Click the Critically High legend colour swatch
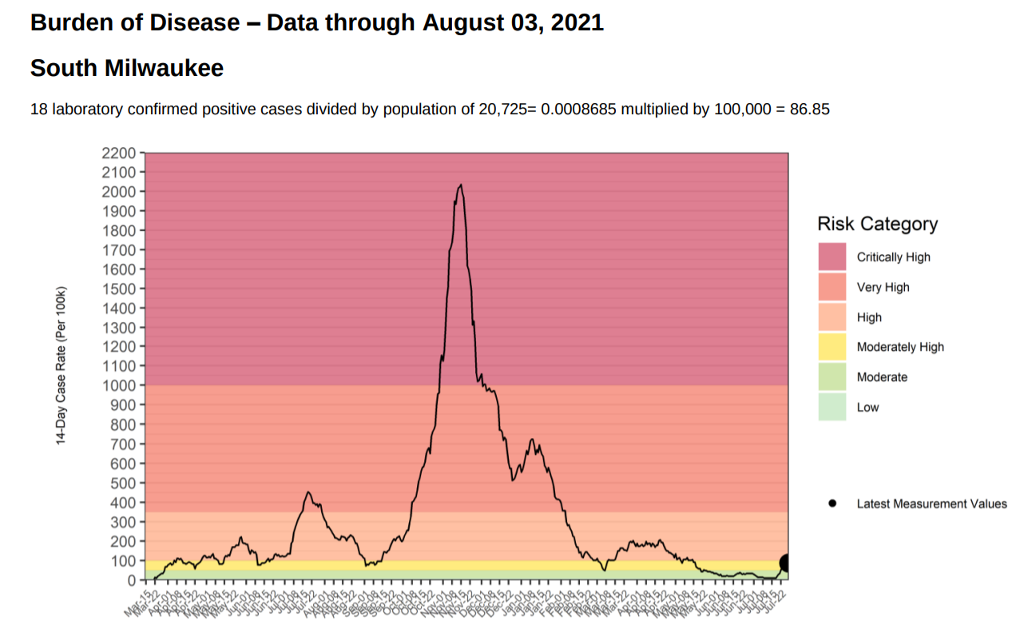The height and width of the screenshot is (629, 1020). click(x=831, y=257)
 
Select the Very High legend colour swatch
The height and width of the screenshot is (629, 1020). click(x=831, y=287)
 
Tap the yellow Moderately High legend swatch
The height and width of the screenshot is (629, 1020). click(x=831, y=347)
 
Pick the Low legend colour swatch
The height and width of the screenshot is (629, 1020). click(x=831, y=407)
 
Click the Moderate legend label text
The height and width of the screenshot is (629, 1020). click(x=882, y=377)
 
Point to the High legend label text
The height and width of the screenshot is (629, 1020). click(x=869, y=317)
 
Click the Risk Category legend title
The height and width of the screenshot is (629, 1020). click(x=877, y=224)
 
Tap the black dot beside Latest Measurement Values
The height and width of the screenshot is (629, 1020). click(x=832, y=504)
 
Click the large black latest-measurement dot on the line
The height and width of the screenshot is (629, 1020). click(x=786, y=563)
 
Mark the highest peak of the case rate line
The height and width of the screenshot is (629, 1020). click(x=460, y=185)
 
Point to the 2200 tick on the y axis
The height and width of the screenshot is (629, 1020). click(x=119, y=153)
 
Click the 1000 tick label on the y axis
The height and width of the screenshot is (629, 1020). click(x=119, y=385)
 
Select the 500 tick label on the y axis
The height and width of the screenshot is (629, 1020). click(x=123, y=483)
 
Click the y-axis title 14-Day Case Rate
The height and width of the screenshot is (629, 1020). click(x=61, y=364)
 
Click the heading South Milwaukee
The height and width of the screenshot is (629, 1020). click(x=127, y=69)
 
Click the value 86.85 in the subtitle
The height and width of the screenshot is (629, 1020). click(x=810, y=109)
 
